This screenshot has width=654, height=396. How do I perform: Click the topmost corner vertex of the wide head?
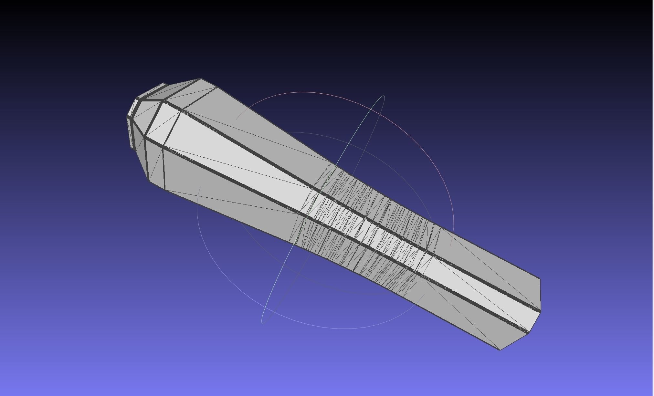click(x=200, y=79)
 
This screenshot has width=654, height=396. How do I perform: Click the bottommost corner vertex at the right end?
click(x=500, y=349)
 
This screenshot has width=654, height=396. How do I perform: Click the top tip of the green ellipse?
click(x=384, y=96)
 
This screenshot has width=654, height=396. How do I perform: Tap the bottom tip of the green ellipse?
click(x=262, y=322)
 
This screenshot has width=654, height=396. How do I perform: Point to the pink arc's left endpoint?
click(x=236, y=119)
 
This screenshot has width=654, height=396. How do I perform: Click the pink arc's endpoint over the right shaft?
click(x=450, y=246)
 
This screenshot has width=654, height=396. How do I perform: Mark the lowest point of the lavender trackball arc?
click(x=339, y=329)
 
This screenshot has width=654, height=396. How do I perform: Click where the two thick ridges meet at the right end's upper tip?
click(x=540, y=311)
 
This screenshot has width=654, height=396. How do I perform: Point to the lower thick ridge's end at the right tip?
click(x=529, y=333)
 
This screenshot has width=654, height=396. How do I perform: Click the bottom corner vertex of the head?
click(x=165, y=190)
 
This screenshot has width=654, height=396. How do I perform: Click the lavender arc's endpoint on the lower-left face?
click(x=200, y=187)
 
